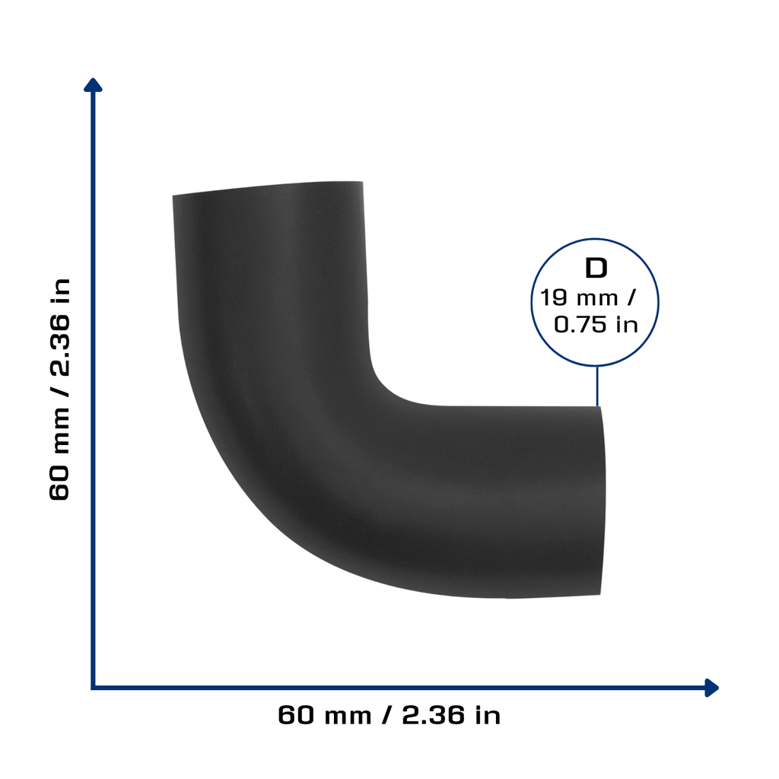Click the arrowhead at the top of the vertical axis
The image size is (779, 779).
pyautogui.click(x=93, y=85)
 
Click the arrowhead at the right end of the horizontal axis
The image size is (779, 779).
pyautogui.click(x=711, y=688)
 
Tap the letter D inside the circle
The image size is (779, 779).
pyautogui.click(x=596, y=269)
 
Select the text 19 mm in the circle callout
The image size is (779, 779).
pyautogui.click(x=579, y=297)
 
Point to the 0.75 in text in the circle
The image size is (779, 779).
pyautogui.click(x=596, y=325)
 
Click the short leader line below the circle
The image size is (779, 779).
pyautogui.click(x=597, y=386)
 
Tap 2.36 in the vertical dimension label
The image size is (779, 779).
pyautogui.click(x=59, y=345)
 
